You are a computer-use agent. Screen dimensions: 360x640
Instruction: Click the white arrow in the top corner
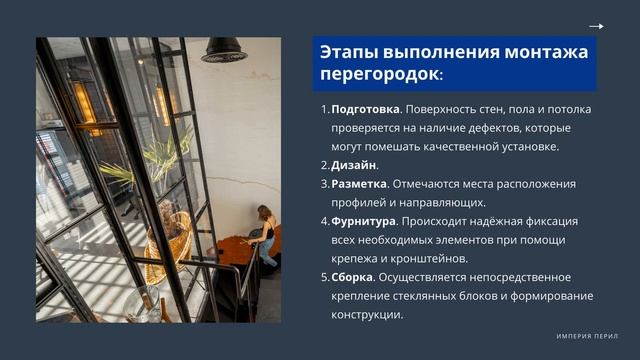point(597,27)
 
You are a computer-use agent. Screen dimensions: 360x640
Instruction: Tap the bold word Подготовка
point(365,109)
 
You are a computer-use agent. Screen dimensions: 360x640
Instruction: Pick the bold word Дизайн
point(354,165)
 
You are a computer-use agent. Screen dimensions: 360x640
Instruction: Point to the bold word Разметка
point(359,184)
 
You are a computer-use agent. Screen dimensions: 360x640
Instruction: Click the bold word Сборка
point(352,277)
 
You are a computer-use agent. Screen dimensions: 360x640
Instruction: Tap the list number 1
point(323,109)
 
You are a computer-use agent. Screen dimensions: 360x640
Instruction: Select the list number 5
point(324,277)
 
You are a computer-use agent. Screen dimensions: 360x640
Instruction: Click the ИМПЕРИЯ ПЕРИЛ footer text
point(587,335)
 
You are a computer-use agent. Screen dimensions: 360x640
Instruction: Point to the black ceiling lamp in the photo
point(224,50)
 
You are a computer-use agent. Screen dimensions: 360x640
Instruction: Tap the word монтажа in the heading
point(547,52)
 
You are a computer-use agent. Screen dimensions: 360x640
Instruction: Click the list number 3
point(324,184)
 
